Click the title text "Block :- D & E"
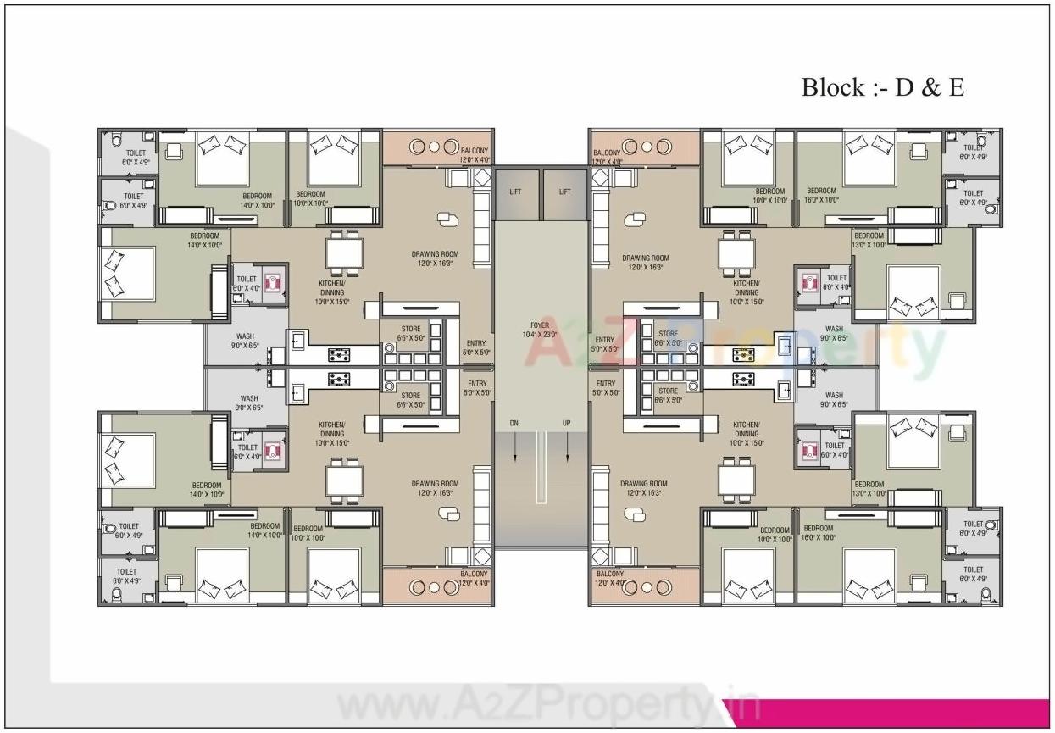coord(882,87)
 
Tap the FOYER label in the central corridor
coord(540,325)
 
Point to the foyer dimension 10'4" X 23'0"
coord(540,335)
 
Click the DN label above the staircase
coord(514,422)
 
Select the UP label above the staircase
coord(566,422)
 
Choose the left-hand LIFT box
coord(515,192)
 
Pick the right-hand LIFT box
coord(564,192)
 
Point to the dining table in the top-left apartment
coord(345,253)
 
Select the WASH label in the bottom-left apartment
coord(249,398)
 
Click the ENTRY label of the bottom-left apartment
coord(476,384)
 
